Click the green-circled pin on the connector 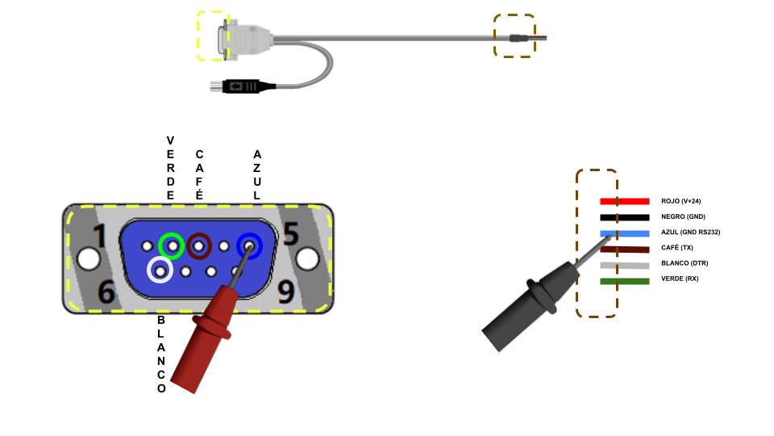pyautogui.click(x=171, y=245)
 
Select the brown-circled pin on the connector pyautogui.click(x=199, y=245)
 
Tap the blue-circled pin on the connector pyautogui.click(x=249, y=245)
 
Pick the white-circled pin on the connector pyautogui.click(x=160, y=270)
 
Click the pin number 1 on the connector pyautogui.click(x=100, y=237)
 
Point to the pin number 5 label pyautogui.click(x=290, y=234)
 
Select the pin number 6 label pyautogui.click(x=106, y=292)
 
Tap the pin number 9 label pyautogui.click(x=285, y=292)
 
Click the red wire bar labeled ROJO pyautogui.click(x=625, y=201)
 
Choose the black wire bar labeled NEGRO pyautogui.click(x=625, y=217)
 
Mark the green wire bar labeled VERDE pyautogui.click(x=625, y=280)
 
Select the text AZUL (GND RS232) pyautogui.click(x=690, y=233)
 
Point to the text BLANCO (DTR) pyautogui.click(x=684, y=264)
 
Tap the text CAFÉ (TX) pyautogui.click(x=677, y=248)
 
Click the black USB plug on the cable pyautogui.click(x=242, y=85)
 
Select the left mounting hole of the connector pyautogui.click(x=87, y=258)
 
